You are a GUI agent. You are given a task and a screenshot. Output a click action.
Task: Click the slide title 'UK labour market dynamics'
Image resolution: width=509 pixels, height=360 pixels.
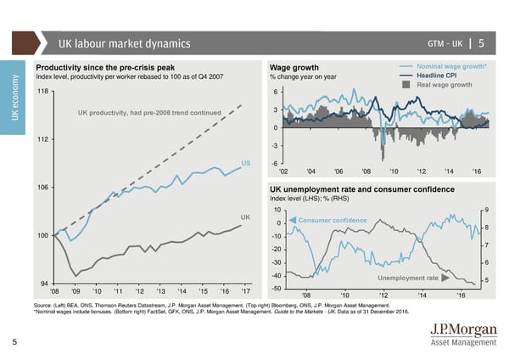(x=124, y=44)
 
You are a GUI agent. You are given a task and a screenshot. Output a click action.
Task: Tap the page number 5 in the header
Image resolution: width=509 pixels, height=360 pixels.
(x=481, y=44)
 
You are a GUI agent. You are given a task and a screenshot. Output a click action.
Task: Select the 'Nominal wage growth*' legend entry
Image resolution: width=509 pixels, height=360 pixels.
(x=449, y=66)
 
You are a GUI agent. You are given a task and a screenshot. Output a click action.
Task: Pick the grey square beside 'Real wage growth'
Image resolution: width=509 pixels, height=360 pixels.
(x=407, y=85)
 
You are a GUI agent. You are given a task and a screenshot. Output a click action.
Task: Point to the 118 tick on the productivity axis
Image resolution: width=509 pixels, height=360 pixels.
(x=42, y=91)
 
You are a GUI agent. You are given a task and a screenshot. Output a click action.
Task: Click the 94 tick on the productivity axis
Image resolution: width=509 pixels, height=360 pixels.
(x=43, y=282)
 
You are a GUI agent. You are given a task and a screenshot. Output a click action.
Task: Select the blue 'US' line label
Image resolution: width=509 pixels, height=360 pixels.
(x=246, y=163)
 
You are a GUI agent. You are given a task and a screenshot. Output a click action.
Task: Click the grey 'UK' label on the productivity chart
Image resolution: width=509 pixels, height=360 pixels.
(x=246, y=218)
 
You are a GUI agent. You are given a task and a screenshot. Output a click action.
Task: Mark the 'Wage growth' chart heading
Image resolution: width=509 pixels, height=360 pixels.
(x=294, y=68)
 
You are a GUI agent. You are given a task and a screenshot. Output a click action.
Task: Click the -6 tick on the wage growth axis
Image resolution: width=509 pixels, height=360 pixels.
(x=276, y=164)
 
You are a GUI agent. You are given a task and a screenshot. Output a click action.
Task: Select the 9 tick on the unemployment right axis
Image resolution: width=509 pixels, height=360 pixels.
(x=484, y=210)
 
